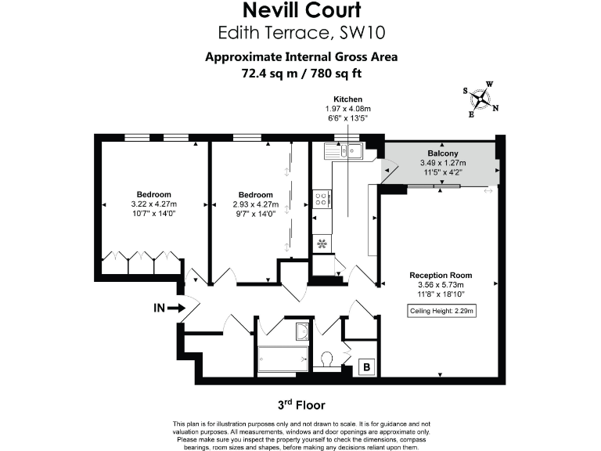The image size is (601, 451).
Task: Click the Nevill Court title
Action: coord(301,11)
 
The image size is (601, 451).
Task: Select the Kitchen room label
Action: coord(347,99)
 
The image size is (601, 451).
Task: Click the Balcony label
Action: coord(442,153)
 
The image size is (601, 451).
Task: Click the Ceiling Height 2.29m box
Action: coord(442,311)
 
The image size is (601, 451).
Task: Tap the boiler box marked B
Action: coord(365,366)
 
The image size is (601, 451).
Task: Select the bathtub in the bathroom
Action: coord(283,359)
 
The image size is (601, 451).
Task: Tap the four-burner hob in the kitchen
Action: coord(321,200)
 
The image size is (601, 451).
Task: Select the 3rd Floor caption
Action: coord(301,405)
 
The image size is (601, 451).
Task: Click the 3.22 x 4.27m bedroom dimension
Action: coord(154,204)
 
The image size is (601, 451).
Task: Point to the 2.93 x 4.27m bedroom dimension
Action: coord(256,204)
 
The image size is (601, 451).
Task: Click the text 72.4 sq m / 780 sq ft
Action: coord(301,74)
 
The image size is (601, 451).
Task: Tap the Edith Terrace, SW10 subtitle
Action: coord(301,32)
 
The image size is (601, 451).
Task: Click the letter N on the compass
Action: coord(495,108)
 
